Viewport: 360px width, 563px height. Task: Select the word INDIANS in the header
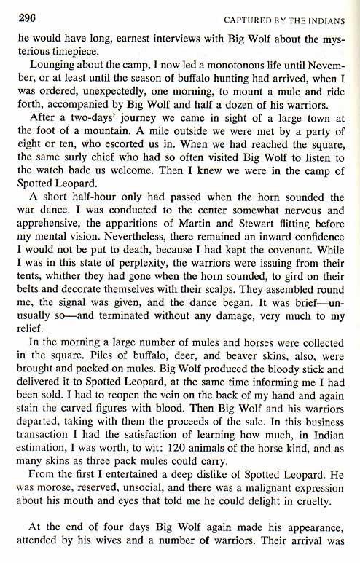click(x=330, y=18)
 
